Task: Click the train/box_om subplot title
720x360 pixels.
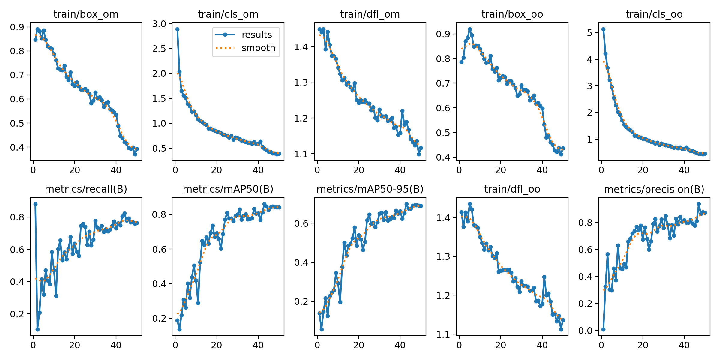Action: pyautogui.click(x=86, y=14)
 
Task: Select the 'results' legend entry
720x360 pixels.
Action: pyautogui.click(x=256, y=35)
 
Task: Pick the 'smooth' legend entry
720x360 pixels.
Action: pyautogui.click(x=258, y=48)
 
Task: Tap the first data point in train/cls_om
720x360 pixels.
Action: pyautogui.click(x=177, y=29)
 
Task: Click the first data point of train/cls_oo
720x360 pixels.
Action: pyautogui.click(x=603, y=29)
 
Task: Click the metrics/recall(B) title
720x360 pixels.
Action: pyautogui.click(x=86, y=189)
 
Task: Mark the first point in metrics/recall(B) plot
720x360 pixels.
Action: pyautogui.click(x=35, y=204)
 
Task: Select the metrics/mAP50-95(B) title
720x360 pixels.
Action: pyautogui.click(x=370, y=189)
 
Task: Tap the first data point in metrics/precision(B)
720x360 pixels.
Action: pyautogui.click(x=603, y=329)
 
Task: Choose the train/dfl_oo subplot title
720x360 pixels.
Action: pyautogui.click(x=512, y=189)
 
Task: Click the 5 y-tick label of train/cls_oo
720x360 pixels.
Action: pyautogui.click(x=589, y=33)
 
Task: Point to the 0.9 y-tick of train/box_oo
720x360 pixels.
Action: pyautogui.click(x=443, y=34)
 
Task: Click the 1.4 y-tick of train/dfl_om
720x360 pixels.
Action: pyautogui.click(x=301, y=47)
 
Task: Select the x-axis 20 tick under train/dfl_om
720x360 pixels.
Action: pyautogui.click(x=359, y=170)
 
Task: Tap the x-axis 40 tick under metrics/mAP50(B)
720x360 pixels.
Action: pyautogui.click(x=258, y=345)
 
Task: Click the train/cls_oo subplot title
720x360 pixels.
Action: pyautogui.click(x=654, y=14)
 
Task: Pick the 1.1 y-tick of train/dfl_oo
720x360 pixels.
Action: pyautogui.click(x=443, y=334)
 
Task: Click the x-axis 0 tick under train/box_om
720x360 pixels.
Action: pyautogui.click(x=33, y=170)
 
